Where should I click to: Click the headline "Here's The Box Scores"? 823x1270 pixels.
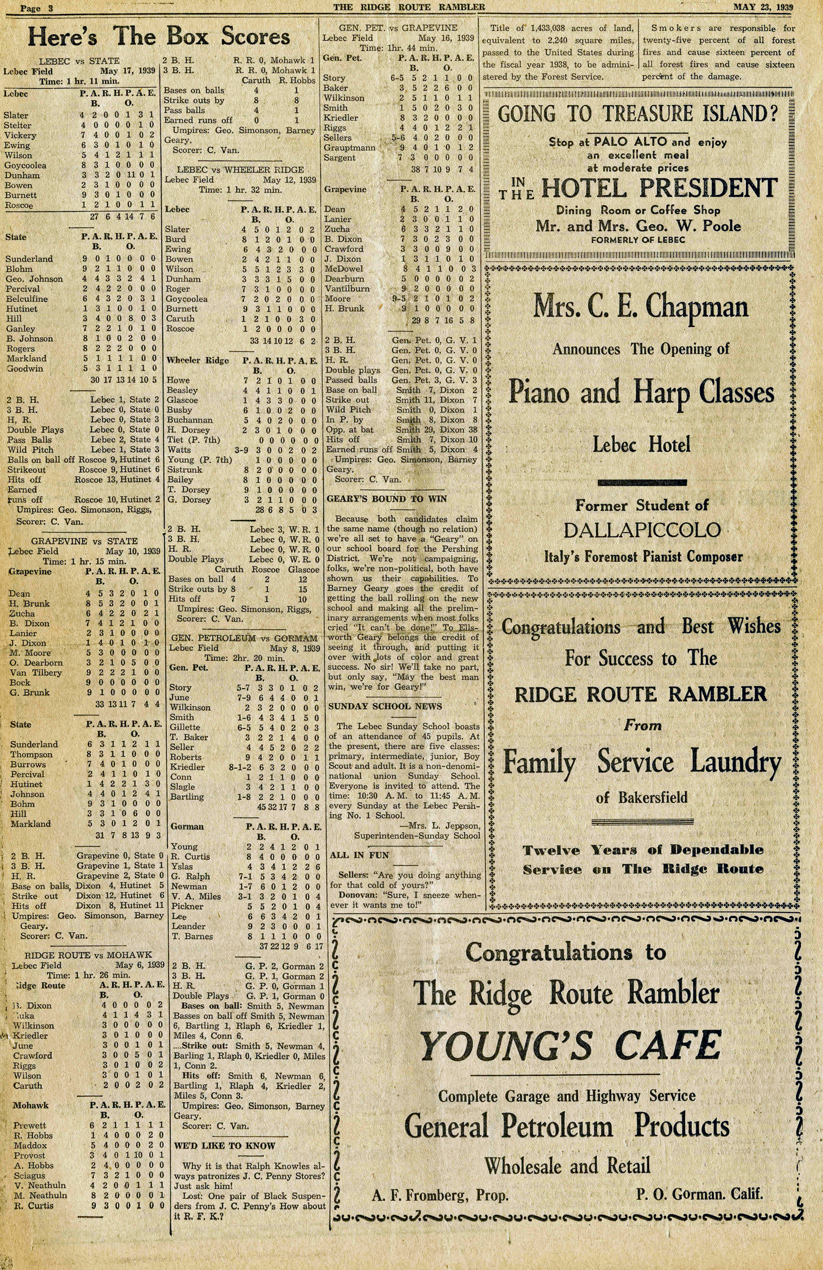coord(158,37)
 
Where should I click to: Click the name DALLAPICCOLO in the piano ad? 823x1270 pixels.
coord(642,530)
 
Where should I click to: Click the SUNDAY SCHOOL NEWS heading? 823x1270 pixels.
coord(385,707)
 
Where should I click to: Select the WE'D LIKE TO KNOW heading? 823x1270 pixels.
coord(224,1146)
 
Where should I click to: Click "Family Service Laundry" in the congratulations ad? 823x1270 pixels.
coord(641,762)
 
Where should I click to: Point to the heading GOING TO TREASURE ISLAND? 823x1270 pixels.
coord(638,114)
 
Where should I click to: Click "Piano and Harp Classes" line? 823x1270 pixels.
coord(641,393)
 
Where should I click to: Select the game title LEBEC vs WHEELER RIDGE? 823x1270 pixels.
coord(240,170)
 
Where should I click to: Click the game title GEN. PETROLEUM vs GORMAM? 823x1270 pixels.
coord(244,638)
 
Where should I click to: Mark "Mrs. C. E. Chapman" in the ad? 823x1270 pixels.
coord(640,307)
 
